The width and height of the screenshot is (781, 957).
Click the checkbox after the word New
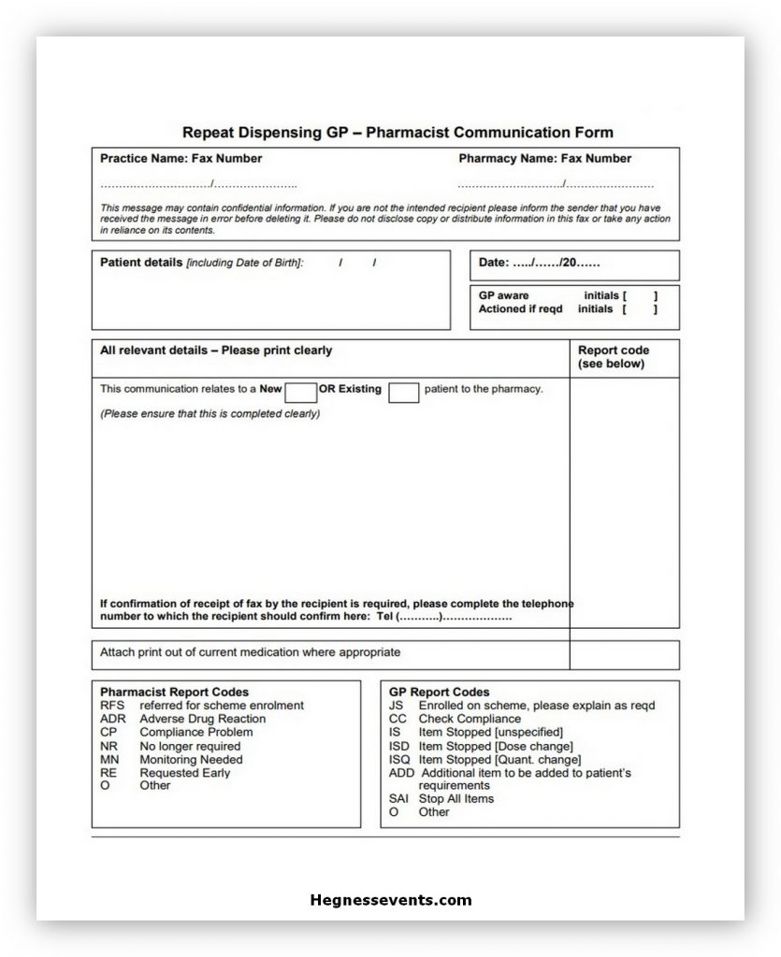301,392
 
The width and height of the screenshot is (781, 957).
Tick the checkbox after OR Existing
403,392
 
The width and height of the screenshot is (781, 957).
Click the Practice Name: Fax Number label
181,158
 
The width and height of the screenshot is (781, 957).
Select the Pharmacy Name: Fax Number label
544,158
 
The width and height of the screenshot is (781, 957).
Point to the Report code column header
613,357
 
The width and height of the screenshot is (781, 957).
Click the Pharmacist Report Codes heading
174,693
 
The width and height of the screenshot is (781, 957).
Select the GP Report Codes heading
439,693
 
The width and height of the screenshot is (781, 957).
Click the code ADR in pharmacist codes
112,719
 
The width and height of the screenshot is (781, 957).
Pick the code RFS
112,706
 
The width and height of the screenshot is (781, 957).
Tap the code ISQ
399,759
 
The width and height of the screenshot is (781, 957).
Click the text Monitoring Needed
191,759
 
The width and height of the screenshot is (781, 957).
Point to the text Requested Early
184,773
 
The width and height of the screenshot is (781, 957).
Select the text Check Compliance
470,719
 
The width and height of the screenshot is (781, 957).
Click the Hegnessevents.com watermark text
390,901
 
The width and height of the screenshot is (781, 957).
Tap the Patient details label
141,263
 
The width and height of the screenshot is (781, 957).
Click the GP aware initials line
567,295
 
